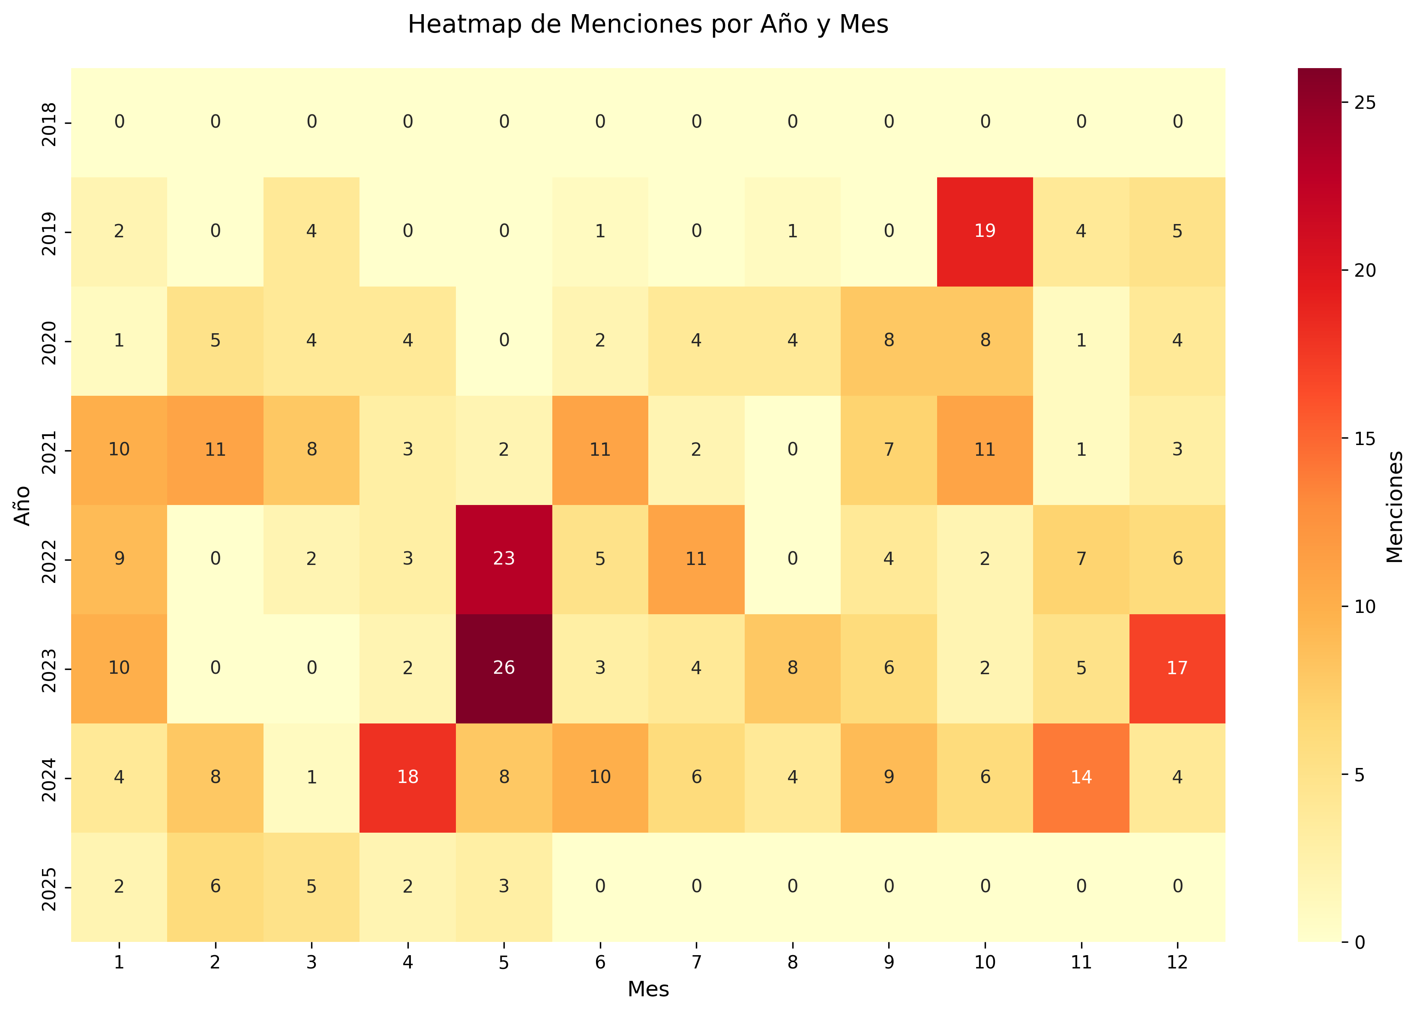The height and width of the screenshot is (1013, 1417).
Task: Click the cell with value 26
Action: [503, 668]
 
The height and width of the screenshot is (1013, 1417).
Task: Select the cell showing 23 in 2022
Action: [503, 559]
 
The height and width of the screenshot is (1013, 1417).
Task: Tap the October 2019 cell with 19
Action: [985, 231]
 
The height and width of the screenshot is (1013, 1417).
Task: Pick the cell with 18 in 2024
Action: [407, 777]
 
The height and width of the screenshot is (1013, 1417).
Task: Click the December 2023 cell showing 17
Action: [1177, 668]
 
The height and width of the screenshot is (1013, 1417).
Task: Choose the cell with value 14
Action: [1081, 777]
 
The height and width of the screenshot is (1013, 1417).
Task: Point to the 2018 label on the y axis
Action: [49, 123]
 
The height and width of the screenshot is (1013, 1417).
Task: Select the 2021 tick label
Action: [49, 450]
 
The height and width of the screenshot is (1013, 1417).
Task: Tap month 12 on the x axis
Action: [1177, 962]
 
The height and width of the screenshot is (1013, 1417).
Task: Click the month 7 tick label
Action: [696, 962]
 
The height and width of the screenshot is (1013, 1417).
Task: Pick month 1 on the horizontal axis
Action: [119, 962]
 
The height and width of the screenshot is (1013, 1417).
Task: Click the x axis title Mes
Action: [648, 989]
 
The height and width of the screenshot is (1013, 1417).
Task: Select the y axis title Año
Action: [22, 505]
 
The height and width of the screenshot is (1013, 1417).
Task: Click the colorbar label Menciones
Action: [1395, 506]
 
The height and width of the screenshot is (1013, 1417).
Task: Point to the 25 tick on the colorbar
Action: [1365, 103]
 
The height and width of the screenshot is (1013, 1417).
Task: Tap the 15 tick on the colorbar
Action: [1365, 439]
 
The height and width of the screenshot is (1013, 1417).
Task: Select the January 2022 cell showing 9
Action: [119, 559]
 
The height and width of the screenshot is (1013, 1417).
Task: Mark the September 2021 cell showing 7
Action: [889, 450]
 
